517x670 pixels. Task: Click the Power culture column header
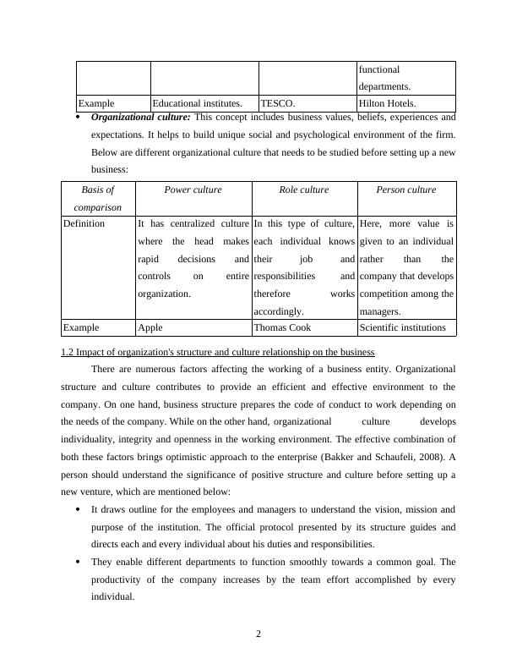[193, 190]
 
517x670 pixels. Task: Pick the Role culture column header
[304, 190]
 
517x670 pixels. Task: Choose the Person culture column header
[406, 190]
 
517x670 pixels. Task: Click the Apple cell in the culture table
[150, 327]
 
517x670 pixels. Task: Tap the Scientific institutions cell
[402, 327]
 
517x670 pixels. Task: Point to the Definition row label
[84, 224]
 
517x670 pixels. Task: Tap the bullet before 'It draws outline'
[78, 510]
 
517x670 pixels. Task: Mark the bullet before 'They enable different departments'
[78, 563]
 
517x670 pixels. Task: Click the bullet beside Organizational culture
[78, 118]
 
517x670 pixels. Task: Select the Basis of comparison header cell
[98, 198]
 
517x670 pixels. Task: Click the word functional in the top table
[379, 69]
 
